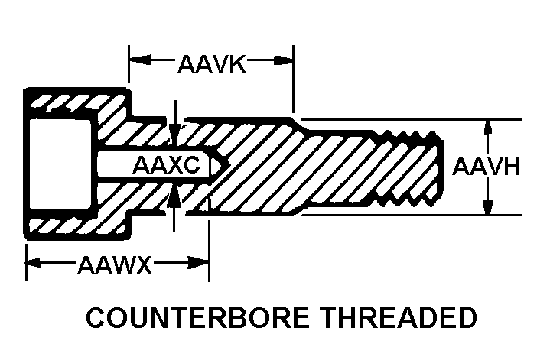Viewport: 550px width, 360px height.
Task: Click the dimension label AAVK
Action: click(210, 63)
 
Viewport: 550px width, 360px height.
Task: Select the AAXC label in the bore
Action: click(166, 165)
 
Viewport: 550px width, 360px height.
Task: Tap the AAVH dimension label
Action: click(487, 166)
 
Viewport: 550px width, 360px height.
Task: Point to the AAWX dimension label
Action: click(114, 266)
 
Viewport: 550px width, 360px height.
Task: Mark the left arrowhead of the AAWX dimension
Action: click(33, 265)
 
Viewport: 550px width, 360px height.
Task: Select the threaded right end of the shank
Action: click(413, 166)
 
